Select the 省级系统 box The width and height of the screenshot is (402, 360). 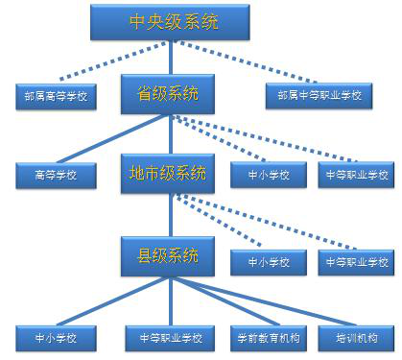(168, 94)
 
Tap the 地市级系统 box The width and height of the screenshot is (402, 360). (168, 174)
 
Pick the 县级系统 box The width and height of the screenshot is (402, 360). (168, 255)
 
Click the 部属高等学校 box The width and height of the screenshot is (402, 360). (57, 96)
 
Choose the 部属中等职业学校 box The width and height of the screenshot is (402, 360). (319, 96)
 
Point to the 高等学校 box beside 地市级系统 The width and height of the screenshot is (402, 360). (55, 176)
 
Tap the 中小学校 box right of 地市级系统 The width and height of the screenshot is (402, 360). (268, 176)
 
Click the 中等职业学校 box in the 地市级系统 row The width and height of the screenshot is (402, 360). (356, 176)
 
